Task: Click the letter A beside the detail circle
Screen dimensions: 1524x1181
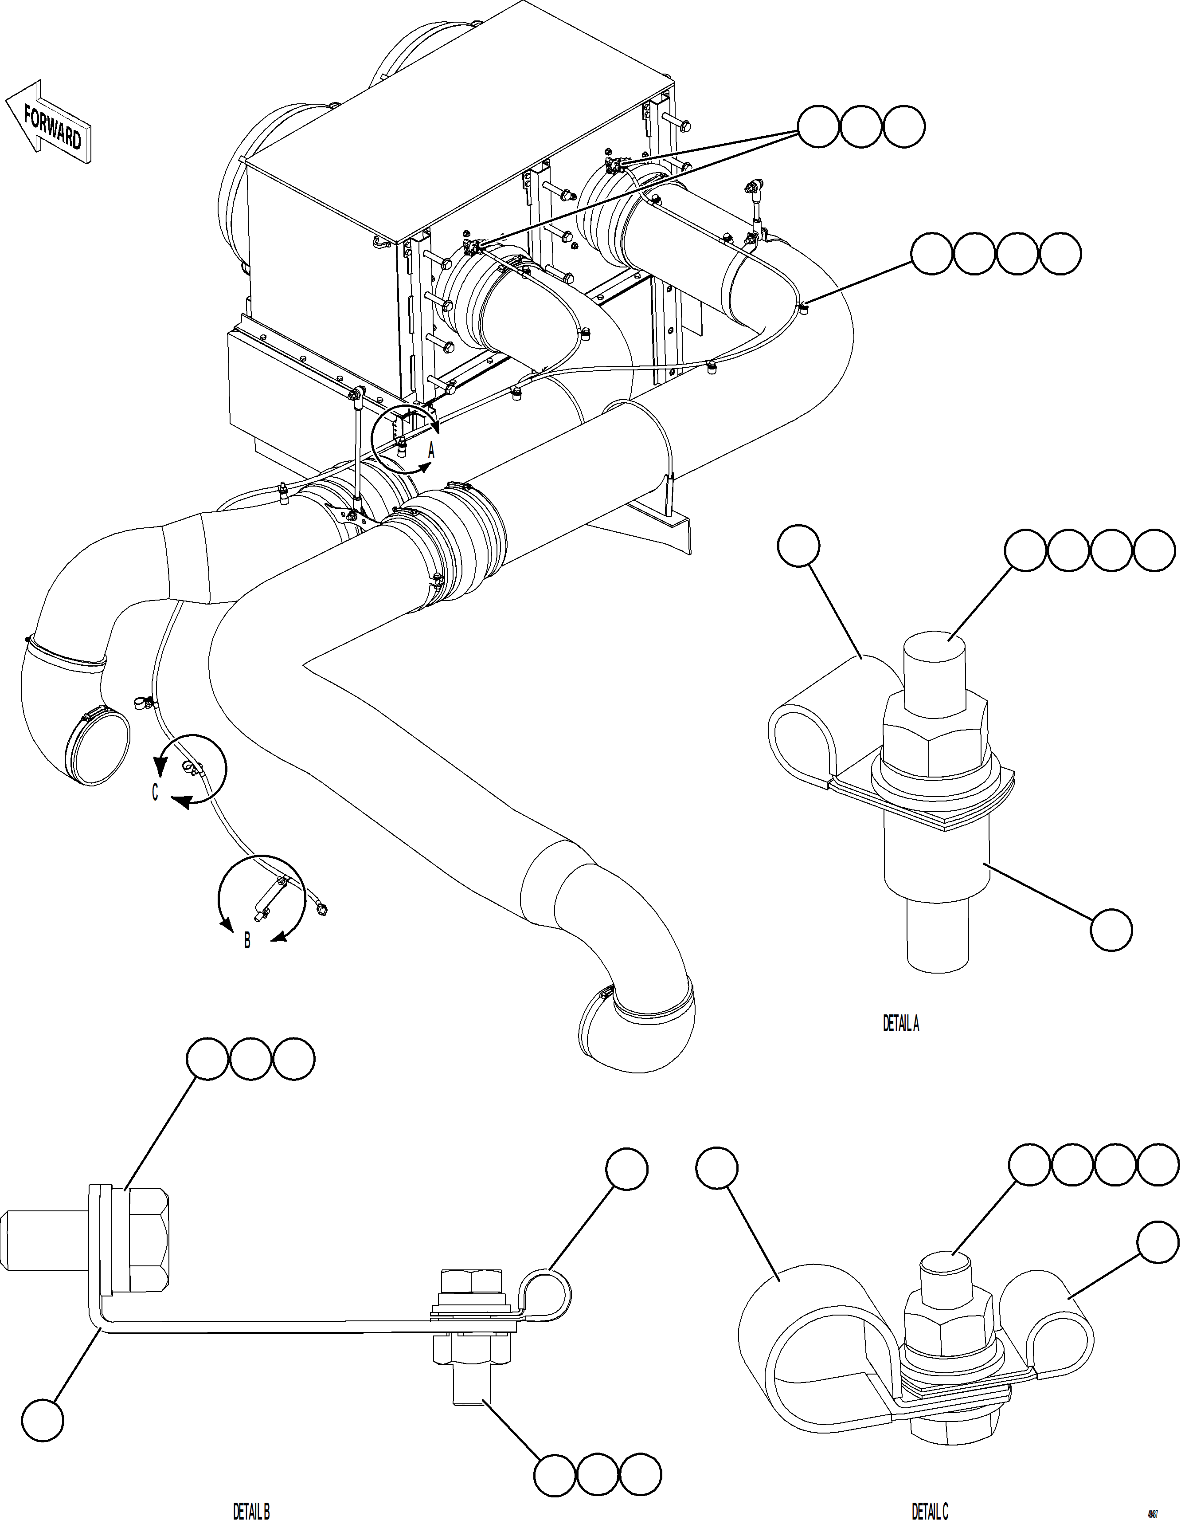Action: coord(431,451)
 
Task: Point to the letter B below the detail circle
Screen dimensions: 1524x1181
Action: coord(247,941)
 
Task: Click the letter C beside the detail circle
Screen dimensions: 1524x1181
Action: coord(155,793)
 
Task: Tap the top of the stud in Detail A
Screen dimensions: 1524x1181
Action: coord(935,645)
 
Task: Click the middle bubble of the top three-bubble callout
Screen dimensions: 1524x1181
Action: coord(861,127)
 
